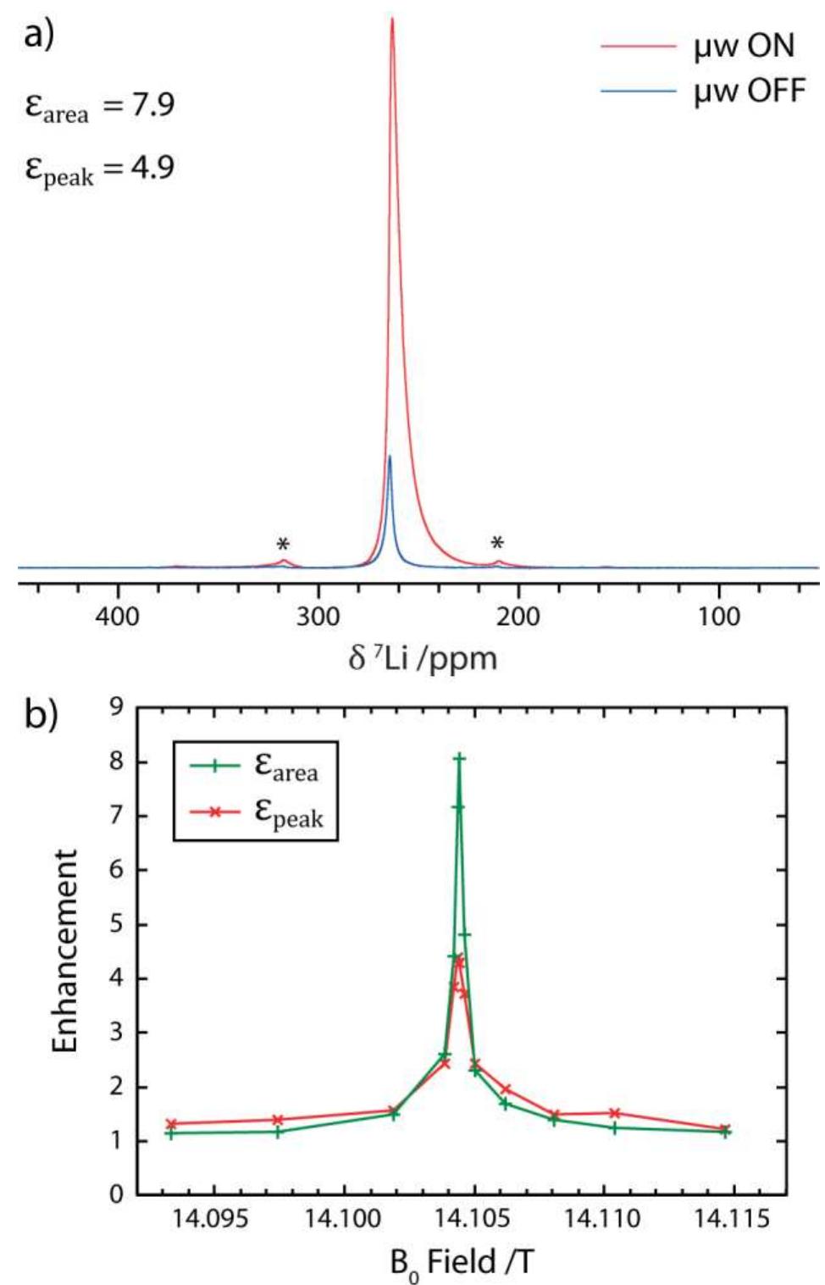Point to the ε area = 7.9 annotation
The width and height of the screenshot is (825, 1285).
click(100, 106)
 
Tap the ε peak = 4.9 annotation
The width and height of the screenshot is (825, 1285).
click(100, 167)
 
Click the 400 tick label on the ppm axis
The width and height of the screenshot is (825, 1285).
click(118, 616)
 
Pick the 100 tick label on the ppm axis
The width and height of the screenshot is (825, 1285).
click(718, 616)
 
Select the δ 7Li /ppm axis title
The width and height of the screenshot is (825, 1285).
click(422, 658)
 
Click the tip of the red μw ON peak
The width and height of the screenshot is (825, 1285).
click(392, 19)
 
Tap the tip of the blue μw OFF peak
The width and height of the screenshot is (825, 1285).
click(390, 457)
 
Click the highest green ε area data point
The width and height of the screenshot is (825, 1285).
click(459, 759)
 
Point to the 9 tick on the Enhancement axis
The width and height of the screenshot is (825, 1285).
click(117, 707)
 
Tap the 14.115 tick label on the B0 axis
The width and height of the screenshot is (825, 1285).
click(732, 1219)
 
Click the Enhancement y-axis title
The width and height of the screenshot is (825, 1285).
click(65, 951)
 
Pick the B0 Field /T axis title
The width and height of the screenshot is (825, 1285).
click(462, 1262)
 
